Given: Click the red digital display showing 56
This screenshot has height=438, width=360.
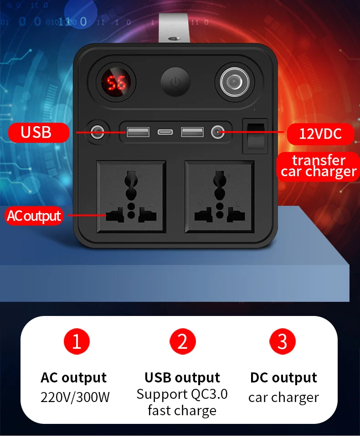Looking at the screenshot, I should (115, 83).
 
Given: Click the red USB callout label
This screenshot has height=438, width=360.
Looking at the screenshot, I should (37, 132).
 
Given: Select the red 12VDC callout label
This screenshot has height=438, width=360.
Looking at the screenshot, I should (320, 133).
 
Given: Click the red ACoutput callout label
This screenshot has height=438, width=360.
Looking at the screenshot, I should (34, 216).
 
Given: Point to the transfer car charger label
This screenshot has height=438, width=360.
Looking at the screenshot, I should (318, 166).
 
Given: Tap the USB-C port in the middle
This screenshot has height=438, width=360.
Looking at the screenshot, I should (165, 132).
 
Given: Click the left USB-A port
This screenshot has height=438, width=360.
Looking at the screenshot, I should (138, 132).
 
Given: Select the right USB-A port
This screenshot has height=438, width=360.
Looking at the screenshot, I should (192, 132).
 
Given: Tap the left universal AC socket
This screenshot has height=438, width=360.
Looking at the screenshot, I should (131, 196).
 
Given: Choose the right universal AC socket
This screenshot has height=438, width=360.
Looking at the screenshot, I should (219, 196).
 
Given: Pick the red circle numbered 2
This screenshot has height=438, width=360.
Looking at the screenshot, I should (182, 341).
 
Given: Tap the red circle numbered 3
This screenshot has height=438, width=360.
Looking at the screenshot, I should (283, 341).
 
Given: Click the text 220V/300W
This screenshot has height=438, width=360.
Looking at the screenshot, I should (75, 397).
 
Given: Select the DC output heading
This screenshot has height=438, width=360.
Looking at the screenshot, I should (283, 377).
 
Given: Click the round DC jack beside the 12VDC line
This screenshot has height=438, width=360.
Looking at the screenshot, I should (216, 132).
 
